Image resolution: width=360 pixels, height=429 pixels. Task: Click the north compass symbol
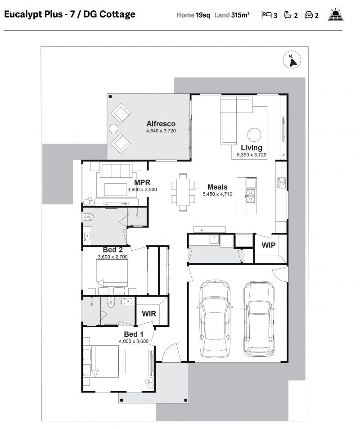tap(292, 60)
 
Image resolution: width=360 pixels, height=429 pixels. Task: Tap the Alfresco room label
tap(161, 124)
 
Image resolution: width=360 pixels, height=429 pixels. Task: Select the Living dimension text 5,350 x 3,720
tap(252, 155)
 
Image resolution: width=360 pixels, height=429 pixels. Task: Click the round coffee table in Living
tap(254, 135)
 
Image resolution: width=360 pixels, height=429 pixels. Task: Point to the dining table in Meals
tap(183, 192)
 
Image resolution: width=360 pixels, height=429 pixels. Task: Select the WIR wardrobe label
tap(149, 313)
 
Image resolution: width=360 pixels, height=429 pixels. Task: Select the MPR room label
tap(142, 183)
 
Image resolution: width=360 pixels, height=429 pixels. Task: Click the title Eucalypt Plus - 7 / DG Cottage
tap(70, 14)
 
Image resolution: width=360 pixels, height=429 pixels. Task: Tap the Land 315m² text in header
tap(232, 15)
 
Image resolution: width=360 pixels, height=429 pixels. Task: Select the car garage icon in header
tap(309, 15)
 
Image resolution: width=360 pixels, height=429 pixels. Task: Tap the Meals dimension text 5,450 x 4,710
tap(217, 194)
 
